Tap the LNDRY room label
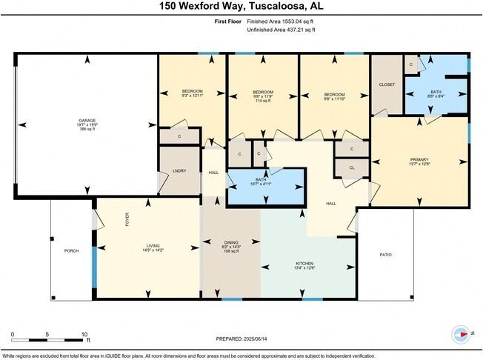click(x=179, y=171)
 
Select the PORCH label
click(x=71, y=251)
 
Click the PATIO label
click(x=385, y=256)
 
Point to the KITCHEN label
click(x=304, y=264)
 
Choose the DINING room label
click(x=231, y=242)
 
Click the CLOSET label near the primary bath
click(x=387, y=84)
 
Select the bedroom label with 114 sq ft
click(x=264, y=101)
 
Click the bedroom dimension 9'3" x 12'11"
click(x=192, y=96)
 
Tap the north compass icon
click(x=464, y=335)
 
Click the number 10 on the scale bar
click(x=85, y=335)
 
